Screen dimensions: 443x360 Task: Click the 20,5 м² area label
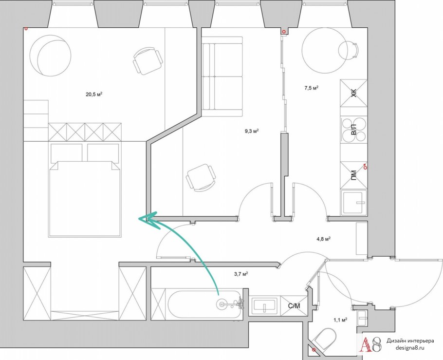pyautogui.click(x=94, y=94)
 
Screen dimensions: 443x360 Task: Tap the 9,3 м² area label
pyautogui.click(x=252, y=131)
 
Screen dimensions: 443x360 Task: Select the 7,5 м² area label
pyautogui.click(x=312, y=88)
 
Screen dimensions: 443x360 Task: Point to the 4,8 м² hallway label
pyautogui.click(x=324, y=239)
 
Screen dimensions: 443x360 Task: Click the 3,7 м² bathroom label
pyautogui.click(x=241, y=274)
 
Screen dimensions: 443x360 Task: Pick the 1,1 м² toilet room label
pyautogui.click(x=340, y=320)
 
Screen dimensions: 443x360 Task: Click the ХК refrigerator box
pyautogui.click(x=354, y=94)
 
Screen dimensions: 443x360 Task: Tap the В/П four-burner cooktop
pyautogui.click(x=354, y=130)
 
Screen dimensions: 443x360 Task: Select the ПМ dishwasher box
pyautogui.click(x=354, y=175)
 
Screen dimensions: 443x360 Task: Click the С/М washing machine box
pyautogui.click(x=294, y=306)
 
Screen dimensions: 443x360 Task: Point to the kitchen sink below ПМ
pyautogui.click(x=354, y=203)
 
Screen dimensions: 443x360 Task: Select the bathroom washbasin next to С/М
pyautogui.click(x=264, y=306)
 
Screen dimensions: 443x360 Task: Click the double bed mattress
pyautogui.click(x=85, y=199)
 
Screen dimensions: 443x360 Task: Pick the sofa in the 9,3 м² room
pyautogui.click(x=222, y=76)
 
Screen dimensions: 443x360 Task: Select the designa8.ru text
pyautogui.click(x=410, y=348)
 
